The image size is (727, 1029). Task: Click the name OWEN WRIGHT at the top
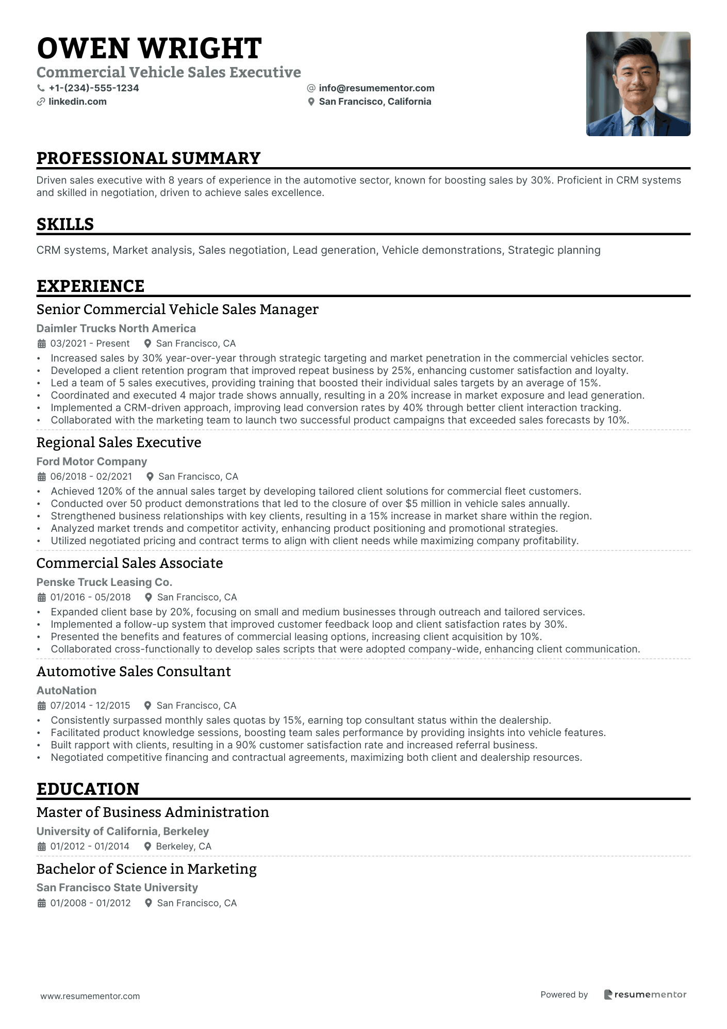click(x=149, y=48)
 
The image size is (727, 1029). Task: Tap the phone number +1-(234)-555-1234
click(x=94, y=88)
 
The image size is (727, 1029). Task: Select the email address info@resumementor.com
click(x=376, y=88)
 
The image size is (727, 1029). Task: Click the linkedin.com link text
click(x=77, y=102)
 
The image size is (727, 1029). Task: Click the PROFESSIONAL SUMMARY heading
click(x=148, y=158)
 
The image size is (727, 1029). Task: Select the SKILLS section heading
click(x=65, y=224)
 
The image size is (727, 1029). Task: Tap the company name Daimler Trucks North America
click(x=116, y=329)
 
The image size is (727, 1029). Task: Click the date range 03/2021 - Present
click(x=90, y=344)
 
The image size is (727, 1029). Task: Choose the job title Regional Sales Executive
click(x=119, y=443)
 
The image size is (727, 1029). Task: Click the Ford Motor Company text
click(x=92, y=462)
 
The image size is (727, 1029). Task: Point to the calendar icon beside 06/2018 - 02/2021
click(x=42, y=477)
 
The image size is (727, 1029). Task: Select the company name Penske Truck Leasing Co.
click(x=104, y=582)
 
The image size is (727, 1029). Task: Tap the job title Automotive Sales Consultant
click(x=134, y=672)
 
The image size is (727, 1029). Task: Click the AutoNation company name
click(x=67, y=691)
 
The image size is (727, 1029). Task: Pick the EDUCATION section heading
click(x=88, y=789)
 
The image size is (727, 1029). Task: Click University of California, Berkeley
click(x=123, y=831)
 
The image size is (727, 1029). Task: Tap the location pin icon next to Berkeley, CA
click(x=147, y=846)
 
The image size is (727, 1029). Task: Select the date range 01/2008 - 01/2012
click(x=90, y=903)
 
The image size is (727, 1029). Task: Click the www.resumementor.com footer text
click(x=90, y=996)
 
